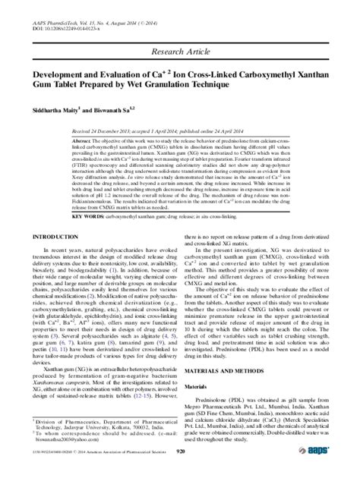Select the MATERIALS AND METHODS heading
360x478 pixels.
click(x=229, y=367)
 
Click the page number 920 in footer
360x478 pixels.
click(x=180, y=471)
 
